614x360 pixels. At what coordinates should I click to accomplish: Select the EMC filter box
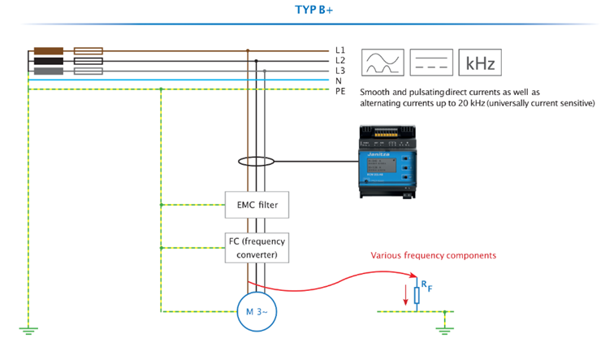257,204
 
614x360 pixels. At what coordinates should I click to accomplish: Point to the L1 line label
340,50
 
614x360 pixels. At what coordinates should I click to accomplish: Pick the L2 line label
340,61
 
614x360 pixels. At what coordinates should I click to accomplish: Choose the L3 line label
340,72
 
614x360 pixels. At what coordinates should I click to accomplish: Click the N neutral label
339,81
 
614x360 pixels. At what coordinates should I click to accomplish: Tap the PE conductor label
340,91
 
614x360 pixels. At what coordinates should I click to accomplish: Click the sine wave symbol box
383,62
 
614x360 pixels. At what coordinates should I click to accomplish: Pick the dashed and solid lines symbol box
431,62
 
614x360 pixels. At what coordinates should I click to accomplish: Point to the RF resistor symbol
417,293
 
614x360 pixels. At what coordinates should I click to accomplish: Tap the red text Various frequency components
433,255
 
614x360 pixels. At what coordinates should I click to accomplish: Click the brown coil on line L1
49,50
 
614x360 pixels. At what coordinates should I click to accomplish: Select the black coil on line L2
49,61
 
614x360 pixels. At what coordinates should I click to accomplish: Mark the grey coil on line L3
49,72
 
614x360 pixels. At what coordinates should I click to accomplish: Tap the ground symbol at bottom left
28,329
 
